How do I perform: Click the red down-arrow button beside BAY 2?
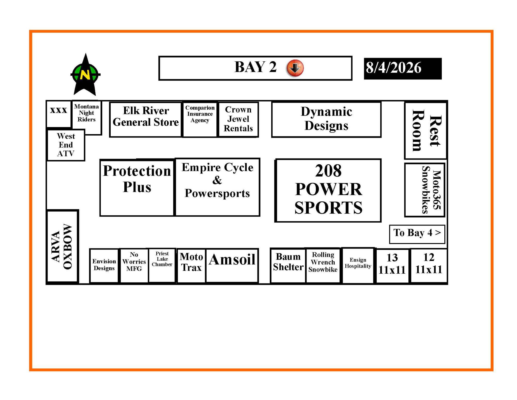[x=295, y=68]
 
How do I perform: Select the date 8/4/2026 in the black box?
[x=393, y=68]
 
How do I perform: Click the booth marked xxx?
[x=59, y=114]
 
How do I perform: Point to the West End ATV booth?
[x=66, y=145]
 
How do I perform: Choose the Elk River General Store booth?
[x=146, y=119]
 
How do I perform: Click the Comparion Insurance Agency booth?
[x=200, y=119]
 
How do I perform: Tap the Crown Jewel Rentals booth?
[x=238, y=119]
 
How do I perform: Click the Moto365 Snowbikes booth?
[x=425, y=190]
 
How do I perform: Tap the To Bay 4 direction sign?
[x=417, y=234]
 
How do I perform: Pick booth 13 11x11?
[x=392, y=266]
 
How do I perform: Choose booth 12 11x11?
[x=429, y=266]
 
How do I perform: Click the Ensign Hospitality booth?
[x=358, y=265]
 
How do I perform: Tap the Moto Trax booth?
[x=191, y=266]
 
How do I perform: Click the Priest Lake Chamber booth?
[x=162, y=265]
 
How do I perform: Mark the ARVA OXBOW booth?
[x=62, y=246]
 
